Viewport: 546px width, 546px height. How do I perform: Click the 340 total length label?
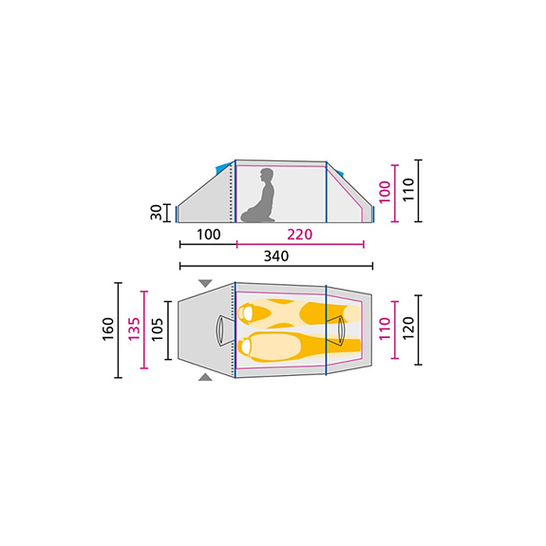275,256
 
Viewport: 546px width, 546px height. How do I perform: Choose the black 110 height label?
408,190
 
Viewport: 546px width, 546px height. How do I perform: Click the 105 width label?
158,329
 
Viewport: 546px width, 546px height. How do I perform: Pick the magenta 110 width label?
384,329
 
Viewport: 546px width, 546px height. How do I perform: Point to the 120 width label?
408,329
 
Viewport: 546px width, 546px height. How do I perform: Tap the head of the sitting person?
267,176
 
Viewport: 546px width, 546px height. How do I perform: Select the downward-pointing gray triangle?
205,284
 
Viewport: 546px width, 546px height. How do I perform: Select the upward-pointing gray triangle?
205,377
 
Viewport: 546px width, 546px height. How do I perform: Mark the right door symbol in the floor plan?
340,329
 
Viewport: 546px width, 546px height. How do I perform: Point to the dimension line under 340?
275,267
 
